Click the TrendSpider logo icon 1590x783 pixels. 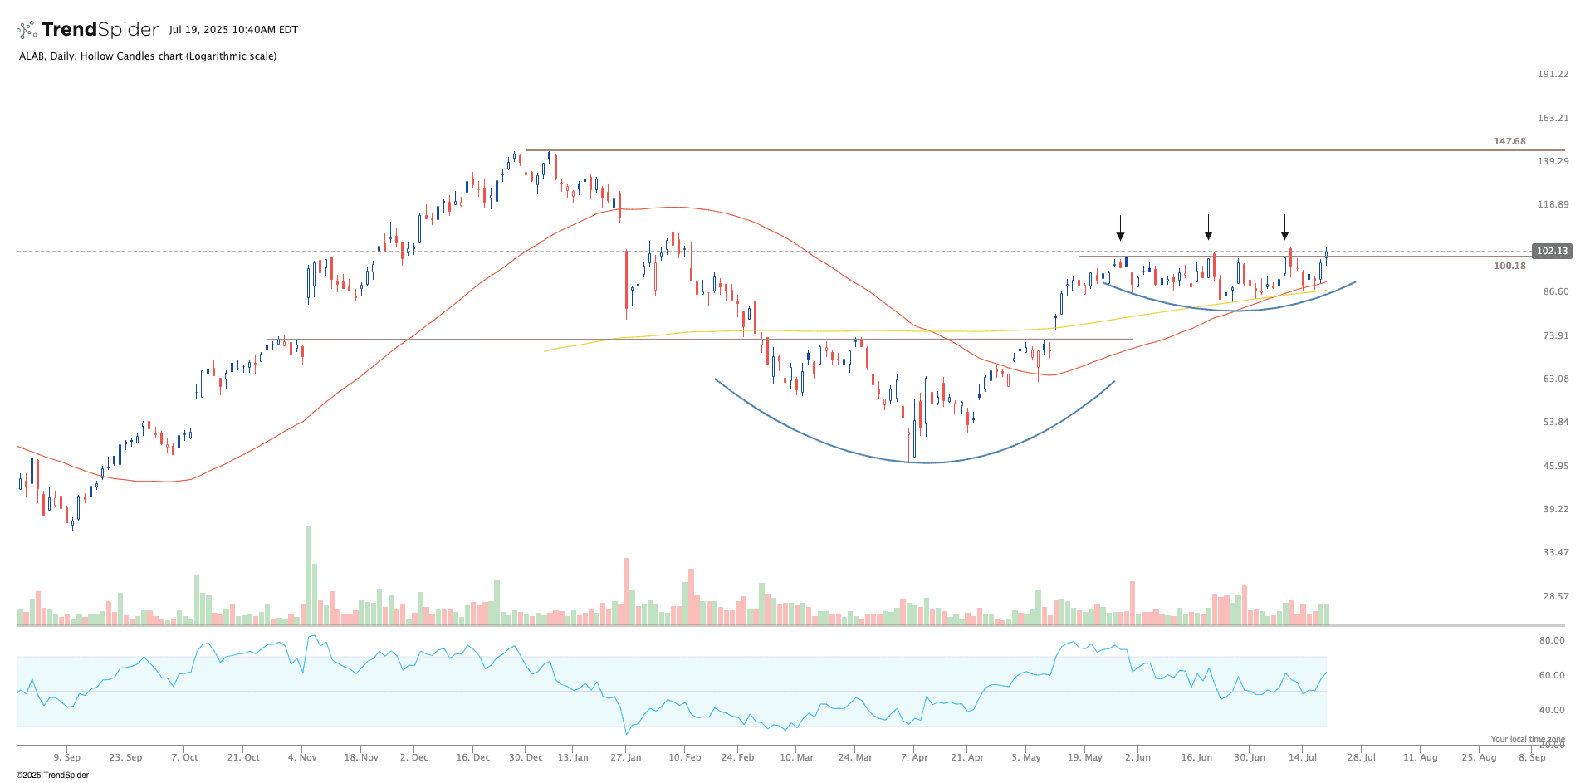pos(27,30)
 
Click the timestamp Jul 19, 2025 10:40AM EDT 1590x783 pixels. pos(232,30)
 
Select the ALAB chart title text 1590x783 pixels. pos(147,56)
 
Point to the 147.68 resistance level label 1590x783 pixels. pos(1509,141)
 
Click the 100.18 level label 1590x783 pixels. pos(1509,266)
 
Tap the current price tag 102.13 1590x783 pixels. pos(1551,251)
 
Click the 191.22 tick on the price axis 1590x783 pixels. pos(1552,74)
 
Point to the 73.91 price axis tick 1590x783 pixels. pos(1555,335)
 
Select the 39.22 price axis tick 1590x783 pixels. pos(1555,509)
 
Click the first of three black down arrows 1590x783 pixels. pos(1120,228)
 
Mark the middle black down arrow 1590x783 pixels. pos(1208,228)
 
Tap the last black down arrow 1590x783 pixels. pos(1284,228)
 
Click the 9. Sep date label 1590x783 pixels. pos(66,757)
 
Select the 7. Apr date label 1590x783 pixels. pos(914,757)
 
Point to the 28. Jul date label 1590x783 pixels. pos(1361,757)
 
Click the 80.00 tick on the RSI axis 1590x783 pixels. pos(1551,640)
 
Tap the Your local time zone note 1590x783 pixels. pos(1527,739)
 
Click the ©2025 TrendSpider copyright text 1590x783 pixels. pos(52,775)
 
